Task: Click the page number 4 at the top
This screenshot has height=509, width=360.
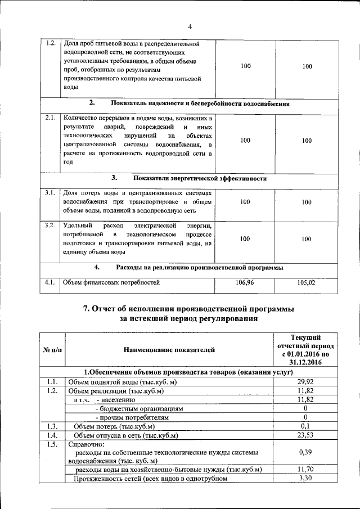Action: pos(190,26)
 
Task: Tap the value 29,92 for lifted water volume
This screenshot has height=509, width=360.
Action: pos(304,382)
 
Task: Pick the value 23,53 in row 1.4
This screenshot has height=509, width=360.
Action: pos(304,435)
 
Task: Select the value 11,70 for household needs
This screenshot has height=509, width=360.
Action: pos(304,469)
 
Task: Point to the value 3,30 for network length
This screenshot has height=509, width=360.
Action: pos(304,478)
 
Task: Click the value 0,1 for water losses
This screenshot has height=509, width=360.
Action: pos(304,426)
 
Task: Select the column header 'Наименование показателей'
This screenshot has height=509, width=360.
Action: pos(169,350)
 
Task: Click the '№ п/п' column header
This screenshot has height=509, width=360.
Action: pos(52,350)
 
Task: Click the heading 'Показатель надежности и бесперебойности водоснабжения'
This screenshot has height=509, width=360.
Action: pos(200,103)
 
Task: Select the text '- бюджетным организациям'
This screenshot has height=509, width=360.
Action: pos(139,408)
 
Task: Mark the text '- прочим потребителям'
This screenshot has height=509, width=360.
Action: pos(132,417)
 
